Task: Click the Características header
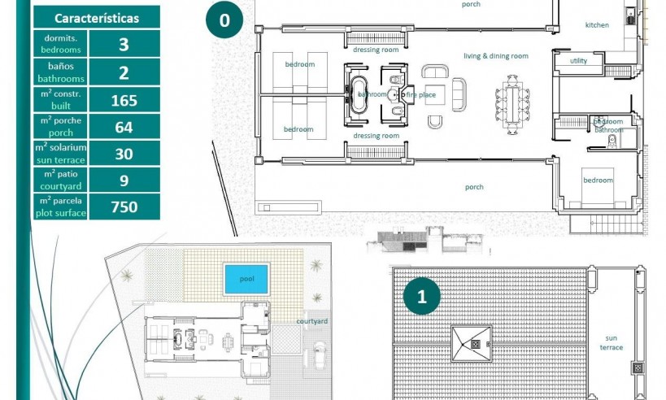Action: coord(96,18)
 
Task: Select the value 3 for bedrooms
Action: coord(124,44)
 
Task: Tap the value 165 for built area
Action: coord(124,101)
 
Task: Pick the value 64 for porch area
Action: coord(124,128)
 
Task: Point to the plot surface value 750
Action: coord(124,207)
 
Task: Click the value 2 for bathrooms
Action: coord(124,73)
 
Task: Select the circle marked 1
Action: coord(421,298)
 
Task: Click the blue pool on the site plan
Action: coord(246,279)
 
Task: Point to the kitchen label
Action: coord(597,25)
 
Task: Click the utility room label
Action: coord(578,61)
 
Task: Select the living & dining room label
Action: coord(496,56)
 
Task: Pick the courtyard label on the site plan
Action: coord(311,321)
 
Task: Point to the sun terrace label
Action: coord(612,342)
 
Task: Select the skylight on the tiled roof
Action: coord(472,344)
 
